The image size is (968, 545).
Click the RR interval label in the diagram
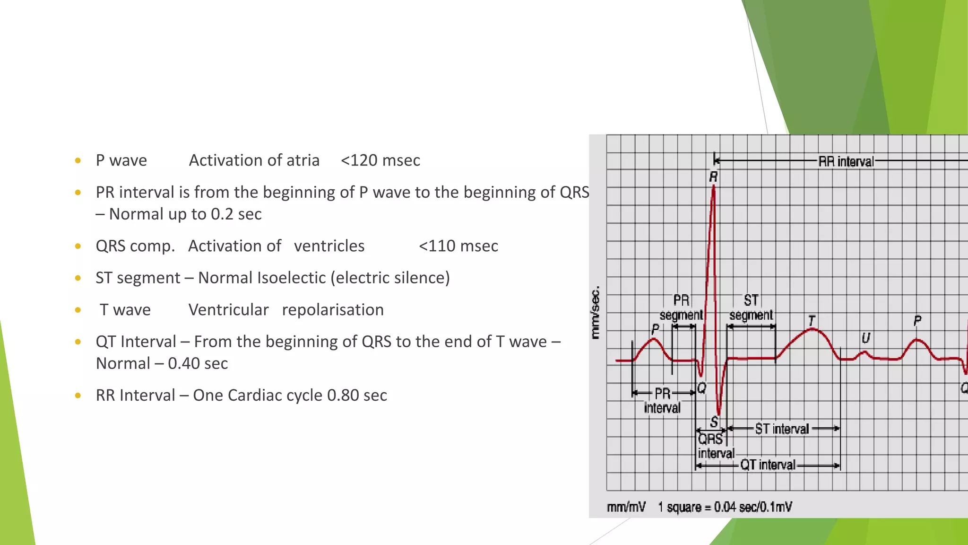coord(846,161)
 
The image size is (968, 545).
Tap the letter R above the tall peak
coord(713,177)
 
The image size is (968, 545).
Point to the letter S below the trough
coord(714,422)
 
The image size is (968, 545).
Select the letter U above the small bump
coord(865,338)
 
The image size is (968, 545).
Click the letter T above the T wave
coord(812,321)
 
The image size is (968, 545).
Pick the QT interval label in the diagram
coord(768,465)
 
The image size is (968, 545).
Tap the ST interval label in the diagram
coord(782,429)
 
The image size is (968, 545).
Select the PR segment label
coord(681,308)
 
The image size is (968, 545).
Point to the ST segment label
coord(751,308)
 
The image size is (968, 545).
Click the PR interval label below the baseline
coord(662,400)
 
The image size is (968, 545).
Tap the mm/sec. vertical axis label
coord(596,312)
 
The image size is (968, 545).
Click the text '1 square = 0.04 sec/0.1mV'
coord(725,507)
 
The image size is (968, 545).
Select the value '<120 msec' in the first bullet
coord(380,160)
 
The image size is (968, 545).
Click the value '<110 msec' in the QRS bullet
coord(458,246)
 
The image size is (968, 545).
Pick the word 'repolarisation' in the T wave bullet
coord(333,310)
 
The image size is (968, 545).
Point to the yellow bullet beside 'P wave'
coord(78,161)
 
